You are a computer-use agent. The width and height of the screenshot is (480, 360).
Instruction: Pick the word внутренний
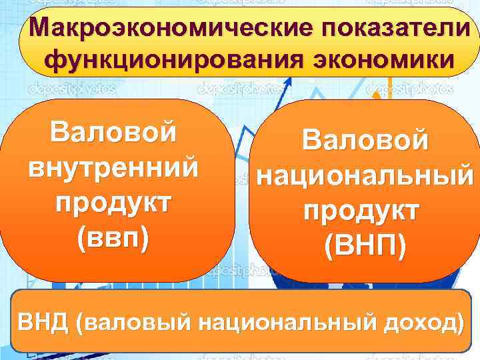pos(113,167)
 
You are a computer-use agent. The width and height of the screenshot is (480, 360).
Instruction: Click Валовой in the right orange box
pos(365,141)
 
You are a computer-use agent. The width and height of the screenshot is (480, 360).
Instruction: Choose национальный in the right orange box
pos(365,176)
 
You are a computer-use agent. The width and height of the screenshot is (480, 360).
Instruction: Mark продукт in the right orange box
pos(365,211)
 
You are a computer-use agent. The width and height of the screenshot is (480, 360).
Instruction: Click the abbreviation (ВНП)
pos(365,247)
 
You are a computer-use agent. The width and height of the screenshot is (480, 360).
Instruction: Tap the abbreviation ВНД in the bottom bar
pos(44,321)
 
